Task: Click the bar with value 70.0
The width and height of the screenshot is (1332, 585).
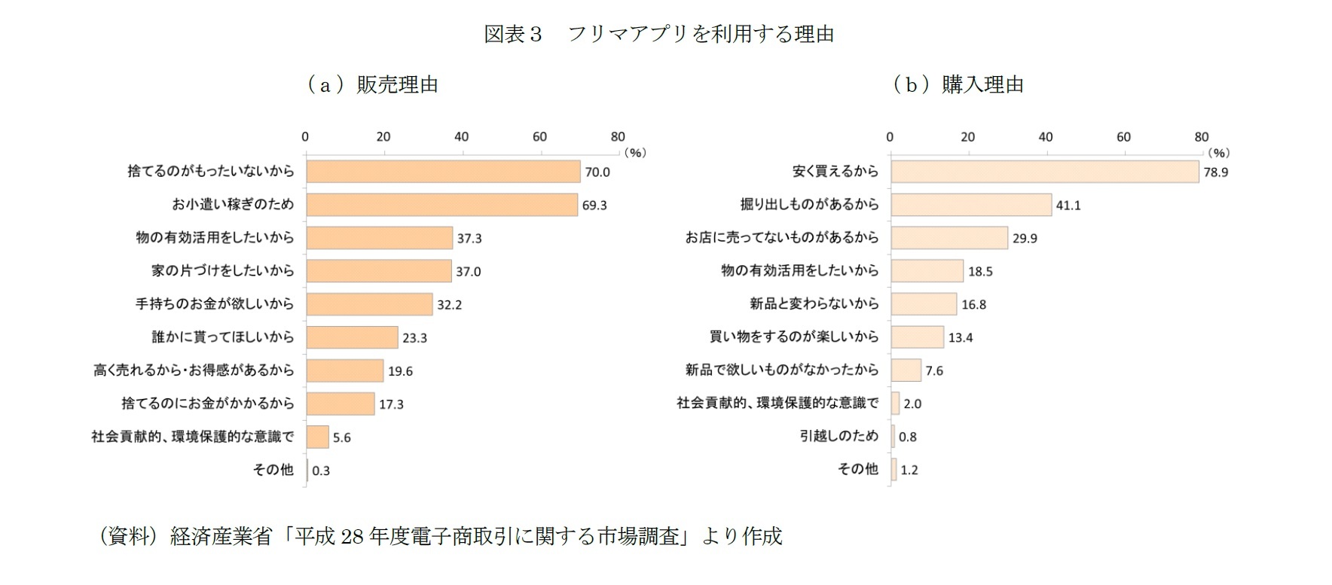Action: click(443, 172)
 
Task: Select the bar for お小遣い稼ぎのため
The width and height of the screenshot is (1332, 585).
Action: click(441, 205)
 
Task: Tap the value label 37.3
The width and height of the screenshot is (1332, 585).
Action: click(469, 239)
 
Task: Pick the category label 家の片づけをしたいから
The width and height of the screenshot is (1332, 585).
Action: click(222, 271)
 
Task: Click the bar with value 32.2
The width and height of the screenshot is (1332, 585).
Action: click(369, 304)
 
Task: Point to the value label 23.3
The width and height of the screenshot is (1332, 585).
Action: click(414, 338)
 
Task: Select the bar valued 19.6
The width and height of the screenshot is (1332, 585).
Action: click(344, 370)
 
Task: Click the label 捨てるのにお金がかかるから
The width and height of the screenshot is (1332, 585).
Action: click(207, 404)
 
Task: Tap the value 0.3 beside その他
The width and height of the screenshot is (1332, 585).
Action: click(321, 471)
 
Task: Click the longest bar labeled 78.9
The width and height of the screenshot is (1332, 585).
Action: click(1044, 172)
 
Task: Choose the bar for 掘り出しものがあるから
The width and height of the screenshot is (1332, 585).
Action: click(970, 205)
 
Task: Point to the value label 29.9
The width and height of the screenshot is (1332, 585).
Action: click(1025, 239)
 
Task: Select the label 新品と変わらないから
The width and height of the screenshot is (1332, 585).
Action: click(814, 304)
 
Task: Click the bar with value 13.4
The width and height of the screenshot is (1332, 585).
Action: click(917, 337)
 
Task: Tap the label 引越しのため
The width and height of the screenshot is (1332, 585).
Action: click(839, 437)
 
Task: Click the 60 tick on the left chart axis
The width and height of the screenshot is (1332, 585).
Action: click(539, 137)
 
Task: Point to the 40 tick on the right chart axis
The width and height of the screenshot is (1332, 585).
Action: click(1045, 137)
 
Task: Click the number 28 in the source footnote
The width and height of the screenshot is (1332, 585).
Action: click(352, 536)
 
